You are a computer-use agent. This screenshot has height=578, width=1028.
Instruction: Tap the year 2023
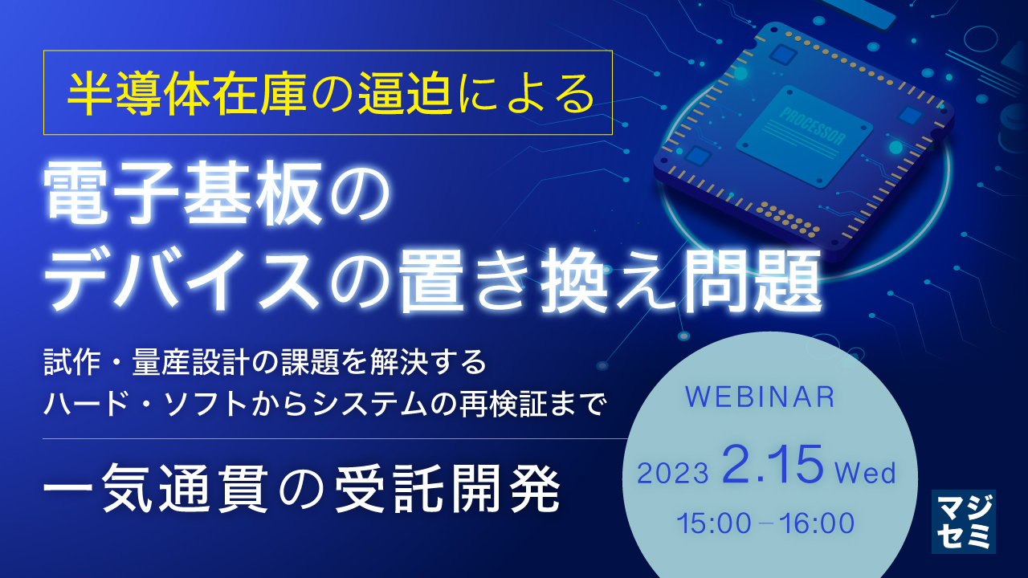tap(673, 473)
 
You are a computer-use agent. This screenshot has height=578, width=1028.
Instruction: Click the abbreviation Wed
tap(865, 473)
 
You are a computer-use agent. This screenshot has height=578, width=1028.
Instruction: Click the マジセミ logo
tap(964, 521)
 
